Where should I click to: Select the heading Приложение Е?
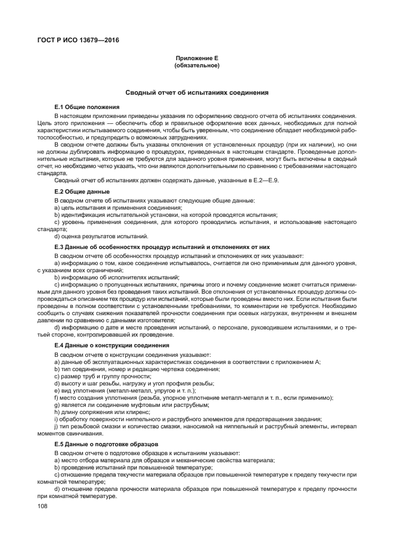tap(197, 58)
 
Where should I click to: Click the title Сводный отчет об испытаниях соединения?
tap(197, 93)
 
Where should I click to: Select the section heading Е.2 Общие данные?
tap(82, 192)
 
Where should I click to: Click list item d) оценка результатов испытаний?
tap(97, 236)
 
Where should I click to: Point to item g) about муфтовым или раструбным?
tap(131, 405)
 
